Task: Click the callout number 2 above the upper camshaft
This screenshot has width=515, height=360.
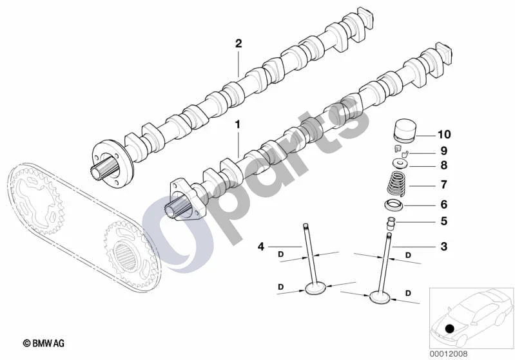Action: [238, 43]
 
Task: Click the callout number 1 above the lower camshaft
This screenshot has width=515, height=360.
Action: [237, 125]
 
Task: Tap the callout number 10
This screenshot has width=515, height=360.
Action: [444, 134]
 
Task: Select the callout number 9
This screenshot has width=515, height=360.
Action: [443, 151]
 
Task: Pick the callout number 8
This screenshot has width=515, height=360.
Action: [443, 165]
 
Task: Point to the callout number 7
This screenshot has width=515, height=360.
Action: [443, 185]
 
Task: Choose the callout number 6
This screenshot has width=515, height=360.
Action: [443, 204]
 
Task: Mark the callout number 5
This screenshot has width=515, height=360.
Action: [443, 221]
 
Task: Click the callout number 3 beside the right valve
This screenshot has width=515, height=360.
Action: [443, 246]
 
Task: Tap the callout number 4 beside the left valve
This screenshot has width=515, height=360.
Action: [261, 246]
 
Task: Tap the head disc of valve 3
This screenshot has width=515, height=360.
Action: [380, 297]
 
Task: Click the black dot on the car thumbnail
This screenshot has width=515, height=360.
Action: [449, 328]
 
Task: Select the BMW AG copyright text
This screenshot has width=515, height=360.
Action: [44, 343]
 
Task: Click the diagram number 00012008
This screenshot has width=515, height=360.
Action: [449, 354]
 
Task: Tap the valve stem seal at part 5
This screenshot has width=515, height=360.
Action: [391, 223]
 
